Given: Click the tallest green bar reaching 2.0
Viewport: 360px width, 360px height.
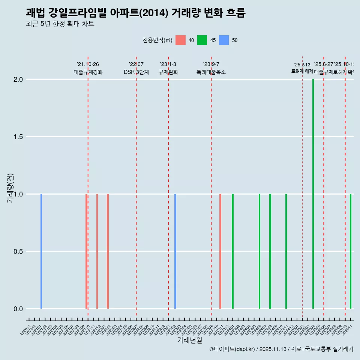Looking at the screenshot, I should [313, 194].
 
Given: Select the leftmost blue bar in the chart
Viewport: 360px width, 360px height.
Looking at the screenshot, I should [41, 251].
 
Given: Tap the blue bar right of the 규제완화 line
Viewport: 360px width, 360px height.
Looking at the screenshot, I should [175, 251].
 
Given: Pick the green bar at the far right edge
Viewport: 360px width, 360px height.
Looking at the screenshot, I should [351, 251].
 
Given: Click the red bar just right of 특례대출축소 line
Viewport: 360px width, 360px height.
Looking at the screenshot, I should [220, 251].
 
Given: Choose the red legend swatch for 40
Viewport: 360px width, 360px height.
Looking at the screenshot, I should [180, 40].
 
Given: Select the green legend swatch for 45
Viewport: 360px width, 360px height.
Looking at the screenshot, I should [202, 40].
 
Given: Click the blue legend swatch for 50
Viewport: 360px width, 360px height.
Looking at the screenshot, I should [224, 40].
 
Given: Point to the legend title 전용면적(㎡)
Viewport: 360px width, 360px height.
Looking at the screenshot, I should [157, 40].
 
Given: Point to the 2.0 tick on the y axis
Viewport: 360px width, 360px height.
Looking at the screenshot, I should [19, 79].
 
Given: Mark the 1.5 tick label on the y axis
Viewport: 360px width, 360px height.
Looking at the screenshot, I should [19, 137].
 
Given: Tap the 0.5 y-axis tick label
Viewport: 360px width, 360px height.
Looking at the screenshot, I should [19, 252].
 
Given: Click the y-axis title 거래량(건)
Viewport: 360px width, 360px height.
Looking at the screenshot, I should [10, 188].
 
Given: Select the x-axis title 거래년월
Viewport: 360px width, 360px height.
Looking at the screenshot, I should [189, 340].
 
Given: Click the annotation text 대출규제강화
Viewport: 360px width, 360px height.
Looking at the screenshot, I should [88, 72].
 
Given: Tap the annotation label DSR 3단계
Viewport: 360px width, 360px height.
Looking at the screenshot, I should [136, 72].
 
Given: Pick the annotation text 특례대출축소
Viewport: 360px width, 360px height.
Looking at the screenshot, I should [211, 72].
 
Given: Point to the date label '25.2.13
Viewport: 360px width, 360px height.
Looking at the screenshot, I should [302, 65].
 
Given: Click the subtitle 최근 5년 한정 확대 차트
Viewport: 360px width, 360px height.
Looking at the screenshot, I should [60, 24].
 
